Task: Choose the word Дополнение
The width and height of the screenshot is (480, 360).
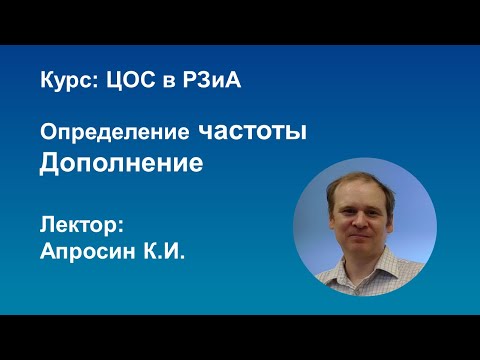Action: pyautogui.click(x=120, y=163)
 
